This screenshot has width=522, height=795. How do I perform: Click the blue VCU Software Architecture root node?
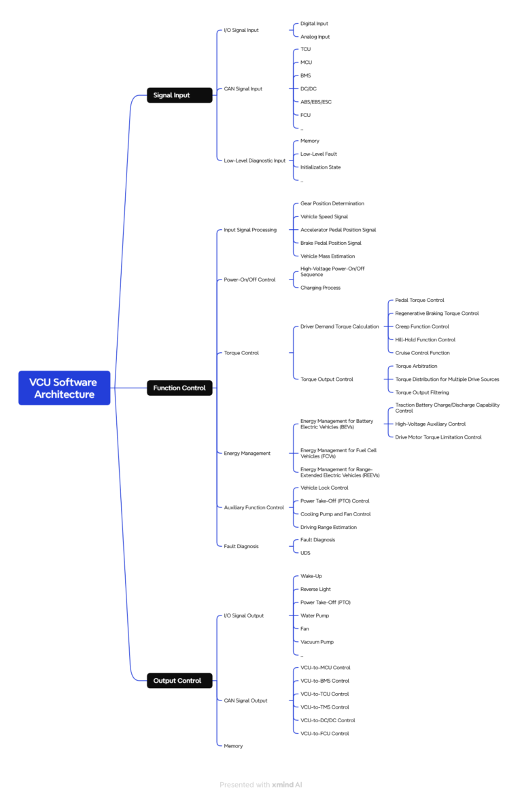coord(64,388)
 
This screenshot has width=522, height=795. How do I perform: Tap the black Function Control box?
coord(179,388)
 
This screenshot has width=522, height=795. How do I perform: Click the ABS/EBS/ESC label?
coord(316,102)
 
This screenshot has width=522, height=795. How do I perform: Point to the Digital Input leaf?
coord(314,24)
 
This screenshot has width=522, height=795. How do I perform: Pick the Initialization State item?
coord(320,167)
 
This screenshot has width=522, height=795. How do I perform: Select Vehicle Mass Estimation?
coord(327,256)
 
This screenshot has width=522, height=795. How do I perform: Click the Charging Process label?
coord(320,288)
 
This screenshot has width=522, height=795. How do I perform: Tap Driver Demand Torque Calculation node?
coord(339,326)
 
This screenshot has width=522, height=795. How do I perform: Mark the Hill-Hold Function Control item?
coord(425,339)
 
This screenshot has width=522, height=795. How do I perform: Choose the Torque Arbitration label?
coord(416,366)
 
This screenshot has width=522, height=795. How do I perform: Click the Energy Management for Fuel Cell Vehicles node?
coord(338,453)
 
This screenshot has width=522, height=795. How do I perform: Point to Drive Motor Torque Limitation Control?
coord(438,437)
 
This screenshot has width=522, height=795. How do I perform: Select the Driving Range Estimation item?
coord(328,527)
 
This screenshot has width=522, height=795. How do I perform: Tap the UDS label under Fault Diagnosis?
coord(305,553)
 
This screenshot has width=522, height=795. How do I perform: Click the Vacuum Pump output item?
coord(317,642)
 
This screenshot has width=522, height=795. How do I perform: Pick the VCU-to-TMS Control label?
coord(324,707)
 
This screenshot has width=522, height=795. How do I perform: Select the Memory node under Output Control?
coord(233,746)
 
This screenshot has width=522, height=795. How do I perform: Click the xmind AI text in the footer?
coord(287,785)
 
